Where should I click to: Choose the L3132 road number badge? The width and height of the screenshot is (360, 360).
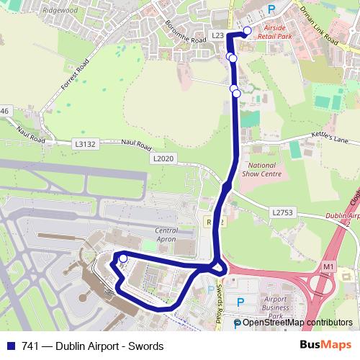(85, 144)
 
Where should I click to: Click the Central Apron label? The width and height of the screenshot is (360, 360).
(166, 236)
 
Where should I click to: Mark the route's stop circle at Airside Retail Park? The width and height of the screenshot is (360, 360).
(247, 30)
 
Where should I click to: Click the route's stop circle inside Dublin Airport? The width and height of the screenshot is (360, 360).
(123, 258)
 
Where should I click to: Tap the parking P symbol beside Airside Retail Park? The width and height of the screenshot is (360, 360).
(271, 9)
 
